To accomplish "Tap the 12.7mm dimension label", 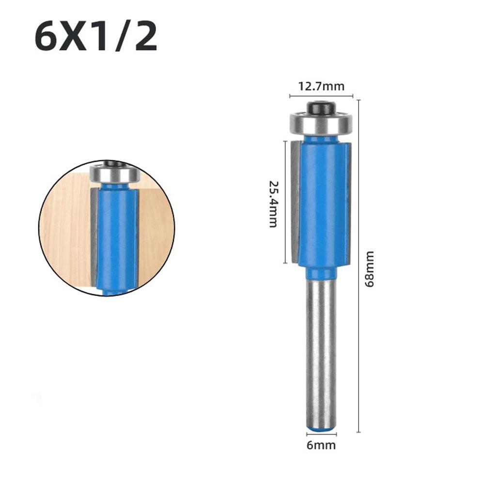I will tap(321, 87).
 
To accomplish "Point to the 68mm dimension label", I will tap(370, 269).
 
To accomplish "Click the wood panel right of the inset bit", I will tap(155, 228).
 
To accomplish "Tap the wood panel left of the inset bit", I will tap(68, 228).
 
